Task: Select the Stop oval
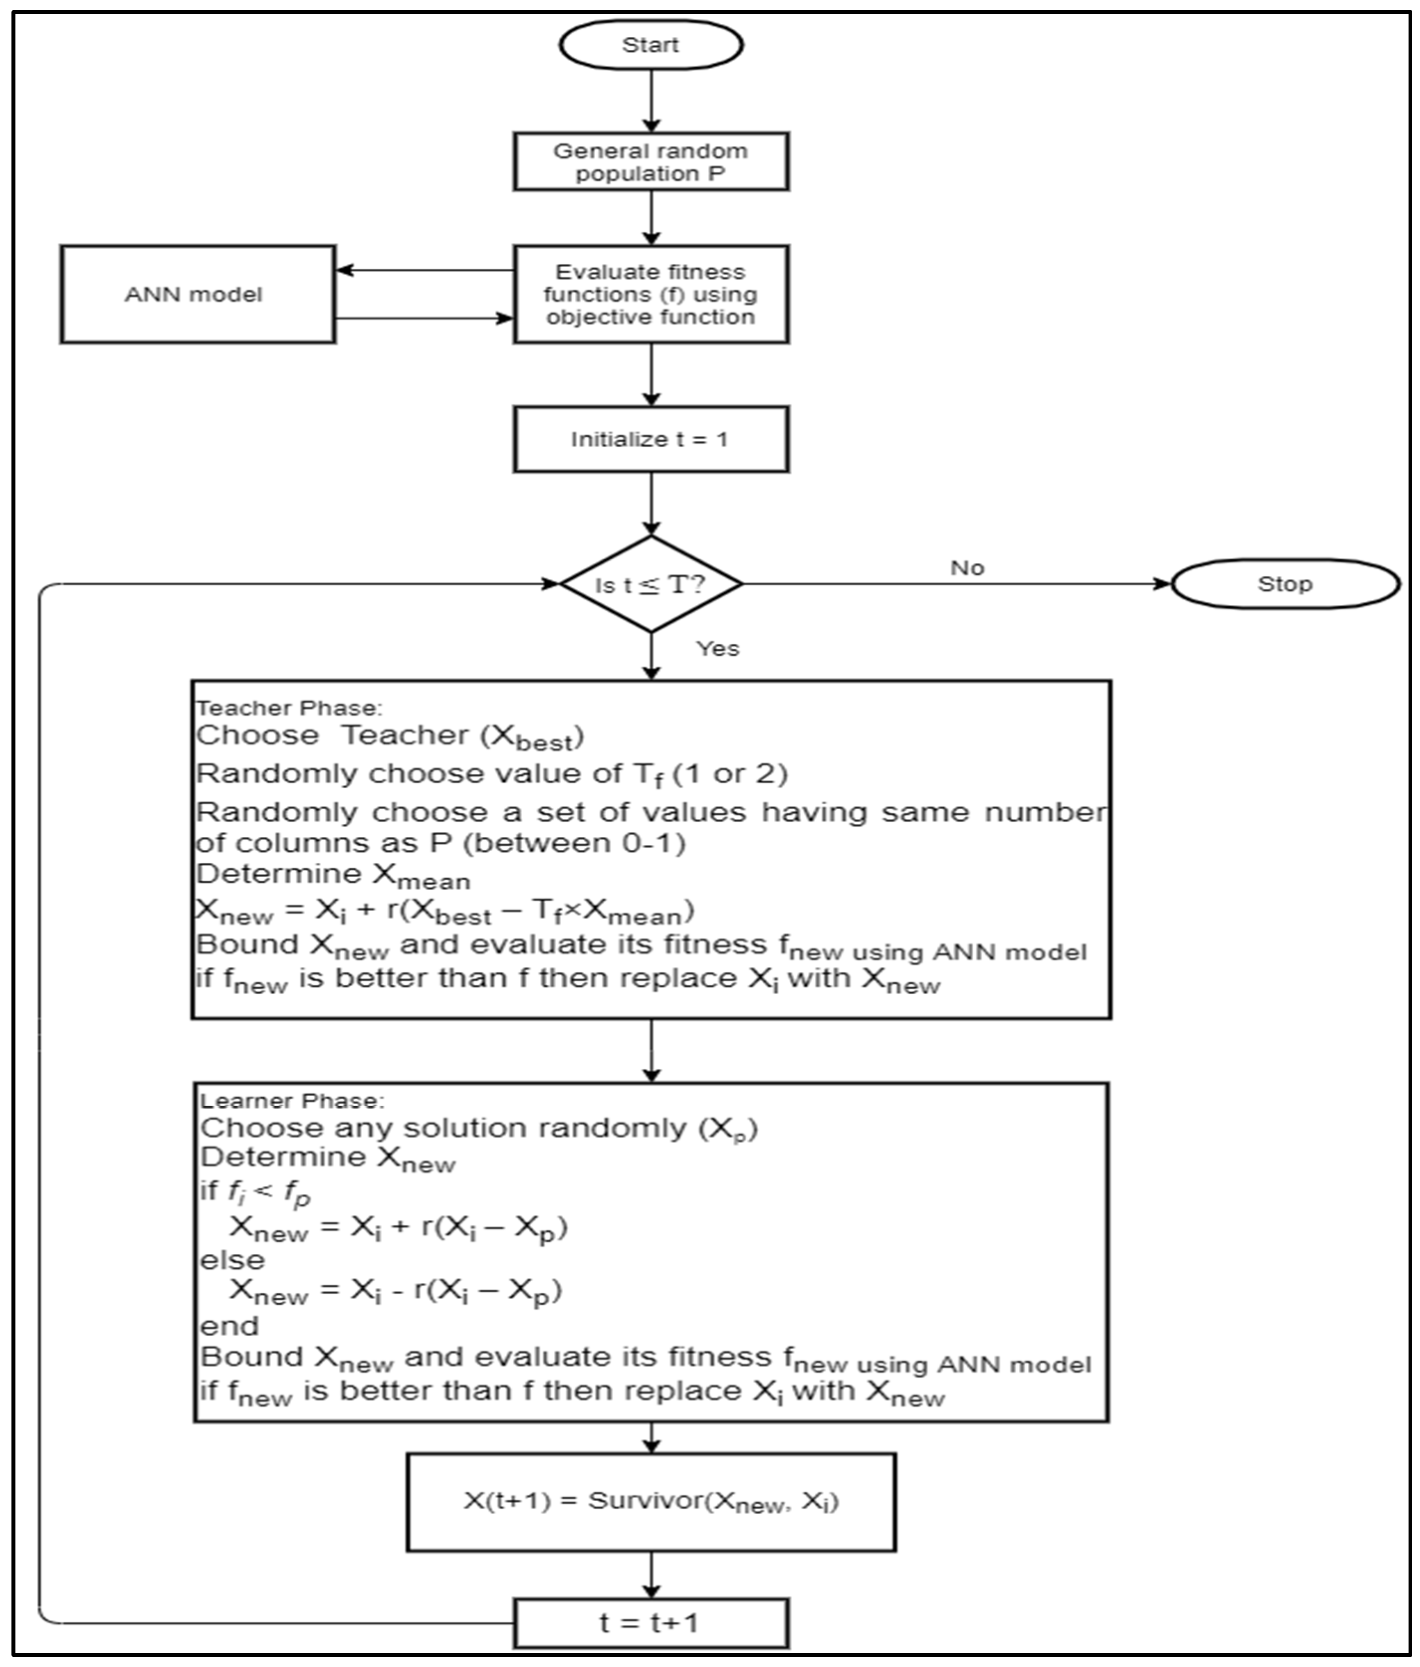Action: point(1285,584)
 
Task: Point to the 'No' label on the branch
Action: point(967,568)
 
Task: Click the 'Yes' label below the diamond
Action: point(718,648)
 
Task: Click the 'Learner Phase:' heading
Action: point(293,1101)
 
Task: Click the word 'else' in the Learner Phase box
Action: point(232,1260)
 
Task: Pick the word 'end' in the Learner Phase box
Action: point(229,1325)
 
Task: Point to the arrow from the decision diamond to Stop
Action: point(958,584)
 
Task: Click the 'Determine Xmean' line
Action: point(333,875)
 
